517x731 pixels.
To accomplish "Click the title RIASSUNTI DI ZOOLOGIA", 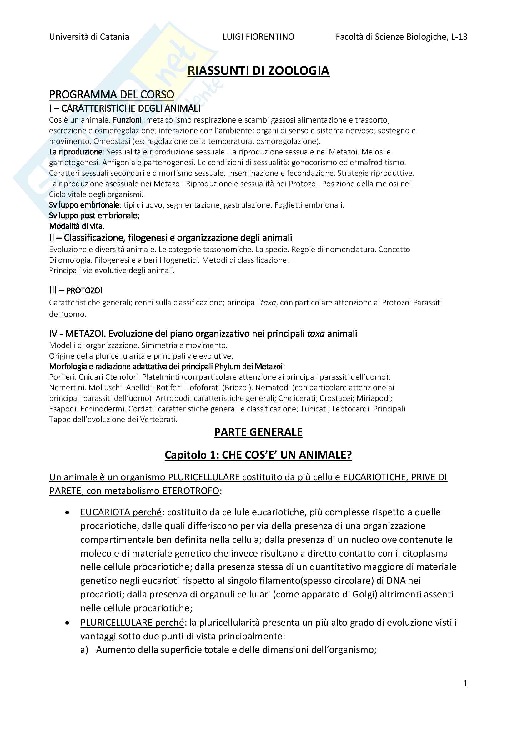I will [x=258, y=71].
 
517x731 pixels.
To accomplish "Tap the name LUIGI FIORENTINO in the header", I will [x=258, y=37].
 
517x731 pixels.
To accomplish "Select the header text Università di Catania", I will [x=89, y=37].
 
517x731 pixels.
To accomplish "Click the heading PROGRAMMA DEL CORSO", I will [x=111, y=94].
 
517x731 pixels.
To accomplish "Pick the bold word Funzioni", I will [x=127, y=120].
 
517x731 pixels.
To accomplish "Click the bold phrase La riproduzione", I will [x=76, y=152].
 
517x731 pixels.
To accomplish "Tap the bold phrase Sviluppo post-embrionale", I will [x=94, y=215].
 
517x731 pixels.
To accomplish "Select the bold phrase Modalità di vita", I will [x=77, y=226].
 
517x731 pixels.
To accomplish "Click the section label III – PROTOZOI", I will [x=75, y=290].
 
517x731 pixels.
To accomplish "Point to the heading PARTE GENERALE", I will [x=258, y=432].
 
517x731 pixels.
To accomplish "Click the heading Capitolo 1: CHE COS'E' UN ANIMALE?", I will [x=258, y=455].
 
